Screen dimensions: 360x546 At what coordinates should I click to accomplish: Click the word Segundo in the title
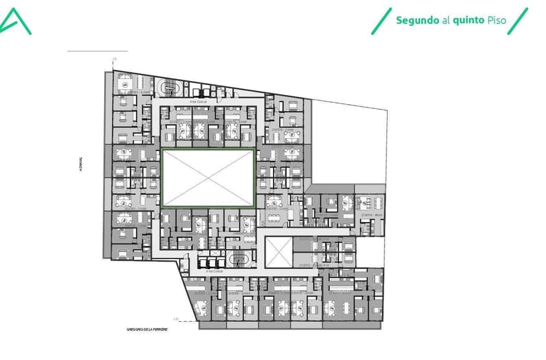(417, 20)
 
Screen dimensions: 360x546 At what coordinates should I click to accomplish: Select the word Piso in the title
(497, 20)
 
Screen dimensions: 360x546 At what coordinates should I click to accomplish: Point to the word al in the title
(446, 20)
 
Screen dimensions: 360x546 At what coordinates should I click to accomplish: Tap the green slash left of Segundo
(380, 20)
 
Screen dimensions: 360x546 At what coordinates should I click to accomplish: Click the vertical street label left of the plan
(77, 164)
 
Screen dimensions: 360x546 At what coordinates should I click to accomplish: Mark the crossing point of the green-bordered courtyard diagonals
(208, 179)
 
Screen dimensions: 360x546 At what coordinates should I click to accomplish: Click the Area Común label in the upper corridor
(198, 102)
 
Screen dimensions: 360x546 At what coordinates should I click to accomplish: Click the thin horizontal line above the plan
(98, 51)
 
